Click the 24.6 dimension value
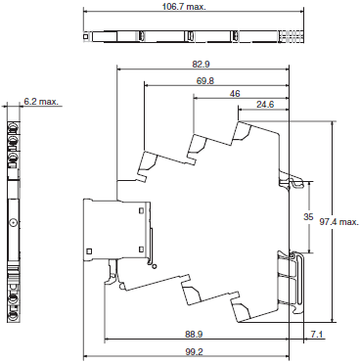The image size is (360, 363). pyautogui.click(x=264, y=104)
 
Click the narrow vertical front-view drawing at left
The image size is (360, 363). pyautogui.click(x=14, y=217)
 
